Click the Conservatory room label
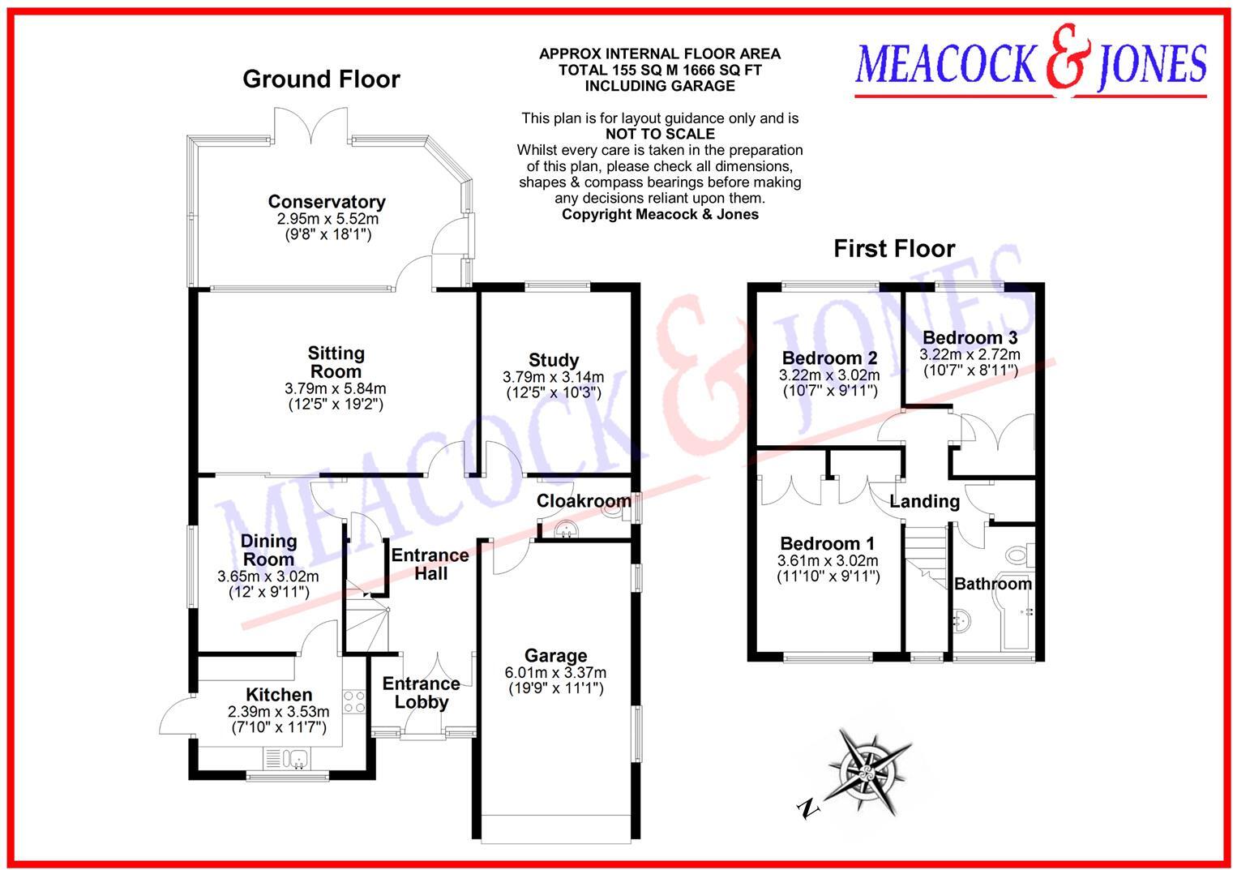pyautogui.click(x=327, y=202)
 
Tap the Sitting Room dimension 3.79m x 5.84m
pyautogui.click(x=336, y=388)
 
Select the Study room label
pyautogui.click(x=554, y=360)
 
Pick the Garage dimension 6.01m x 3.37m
pyautogui.click(x=555, y=673)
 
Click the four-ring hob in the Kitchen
pyautogui.click(x=353, y=701)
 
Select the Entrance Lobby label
pyautogui.click(x=422, y=692)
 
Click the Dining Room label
pyautogui.click(x=268, y=550)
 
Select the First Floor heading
pyautogui.click(x=894, y=249)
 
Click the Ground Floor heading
pyautogui.click(x=321, y=79)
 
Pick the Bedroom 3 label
pyautogui.click(x=970, y=337)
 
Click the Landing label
pyautogui.click(x=924, y=502)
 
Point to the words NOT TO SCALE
pyautogui.click(x=660, y=135)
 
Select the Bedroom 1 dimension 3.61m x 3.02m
pyautogui.click(x=828, y=561)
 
